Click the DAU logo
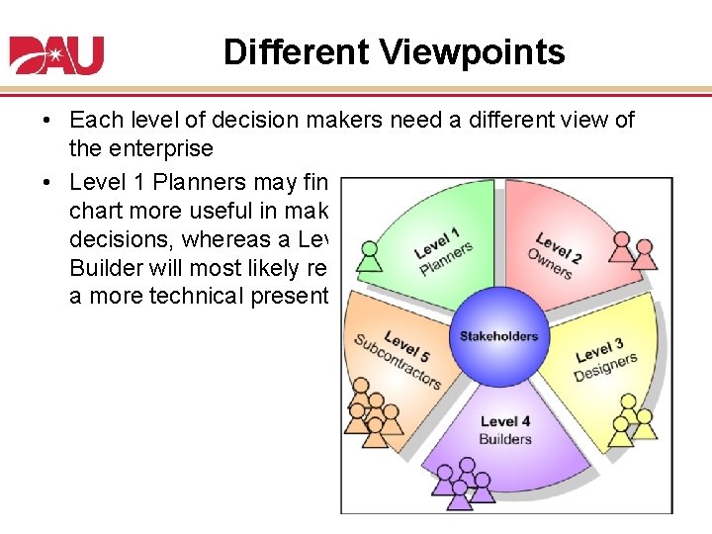pos(56,54)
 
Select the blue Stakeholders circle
pos(498,336)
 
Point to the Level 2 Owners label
pos(556,254)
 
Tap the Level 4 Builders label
pos(504,430)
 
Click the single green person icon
pos(370,256)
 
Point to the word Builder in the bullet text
pos(109,269)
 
